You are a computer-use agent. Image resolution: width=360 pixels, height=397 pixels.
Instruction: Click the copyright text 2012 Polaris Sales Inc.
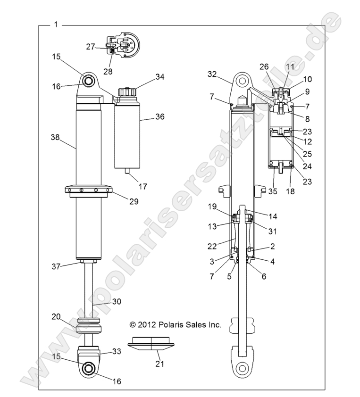point(175,324)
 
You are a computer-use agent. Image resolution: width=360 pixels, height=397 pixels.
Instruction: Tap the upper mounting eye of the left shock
point(88,82)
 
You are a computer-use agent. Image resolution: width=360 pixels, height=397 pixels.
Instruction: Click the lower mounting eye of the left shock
point(88,368)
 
